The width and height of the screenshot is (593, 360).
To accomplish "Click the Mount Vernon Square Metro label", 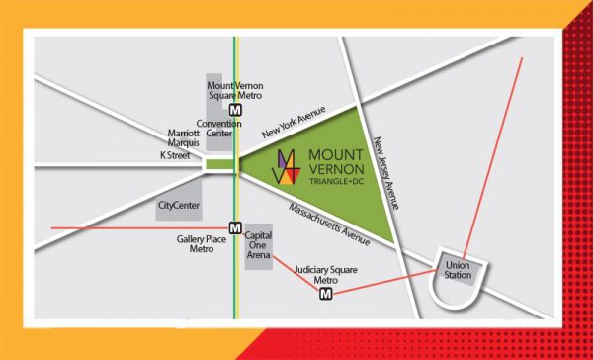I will [x=234, y=91].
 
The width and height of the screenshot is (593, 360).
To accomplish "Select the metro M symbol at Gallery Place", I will [x=234, y=226].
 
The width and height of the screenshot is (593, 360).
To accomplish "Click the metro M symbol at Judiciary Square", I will [x=326, y=293].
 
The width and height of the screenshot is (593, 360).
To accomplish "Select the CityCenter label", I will [x=179, y=206].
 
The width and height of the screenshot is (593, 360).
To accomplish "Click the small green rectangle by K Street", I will [x=218, y=165].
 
